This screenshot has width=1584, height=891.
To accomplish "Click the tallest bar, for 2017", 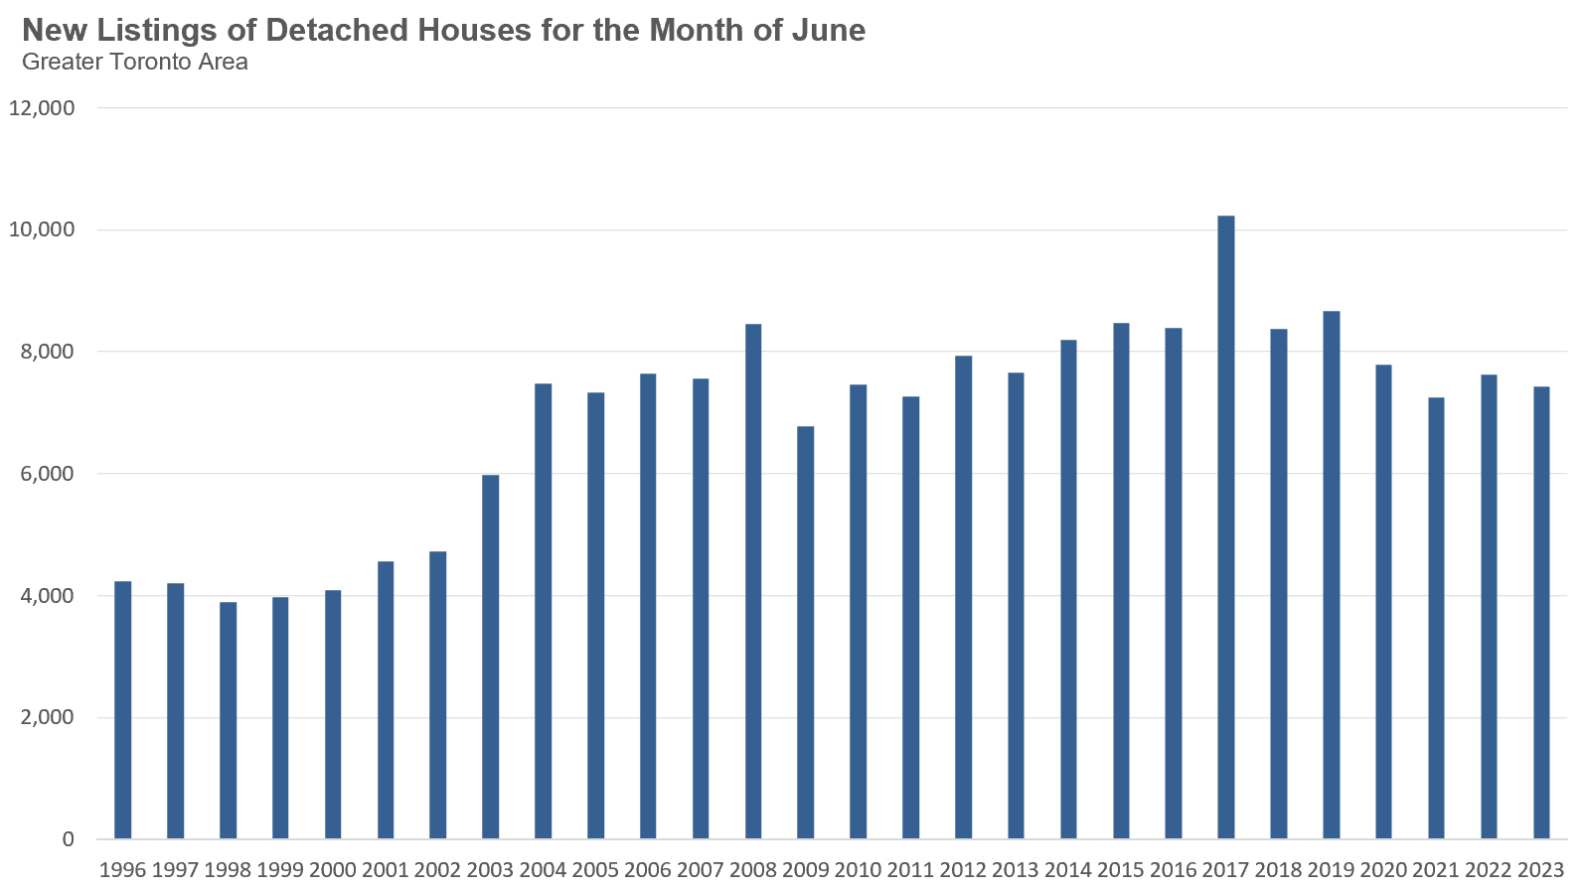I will pyautogui.click(x=1225, y=526).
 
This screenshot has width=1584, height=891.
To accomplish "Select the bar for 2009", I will pyautogui.click(x=805, y=632).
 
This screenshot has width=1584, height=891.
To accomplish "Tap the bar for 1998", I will pyautogui.click(x=228, y=720).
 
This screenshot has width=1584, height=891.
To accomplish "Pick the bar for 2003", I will pyautogui.click(x=490, y=657).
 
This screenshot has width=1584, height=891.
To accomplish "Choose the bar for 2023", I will pyautogui.click(x=1540, y=612).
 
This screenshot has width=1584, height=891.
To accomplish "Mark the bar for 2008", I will pyautogui.click(x=753, y=581).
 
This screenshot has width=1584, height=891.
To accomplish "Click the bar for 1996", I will pyautogui.click(x=122, y=709).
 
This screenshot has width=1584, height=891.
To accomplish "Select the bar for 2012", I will pyautogui.click(x=963, y=597).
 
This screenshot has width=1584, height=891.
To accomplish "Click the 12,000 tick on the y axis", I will pyautogui.click(x=42, y=108).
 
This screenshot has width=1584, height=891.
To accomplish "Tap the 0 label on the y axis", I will pyautogui.click(x=68, y=839).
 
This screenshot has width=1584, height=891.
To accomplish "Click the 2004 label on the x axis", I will pyautogui.click(x=543, y=870).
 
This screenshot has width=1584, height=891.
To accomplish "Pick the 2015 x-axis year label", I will pyautogui.click(x=1120, y=870).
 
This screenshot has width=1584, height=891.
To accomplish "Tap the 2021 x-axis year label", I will pyautogui.click(x=1435, y=870).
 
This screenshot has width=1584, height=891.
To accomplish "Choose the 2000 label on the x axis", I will pyautogui.click(x=332, y=870).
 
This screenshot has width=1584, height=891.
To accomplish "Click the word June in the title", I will pyautogui.click(x=828, y=30).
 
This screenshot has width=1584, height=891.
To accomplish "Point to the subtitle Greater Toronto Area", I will pyautogui.click(x=134, y=62).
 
